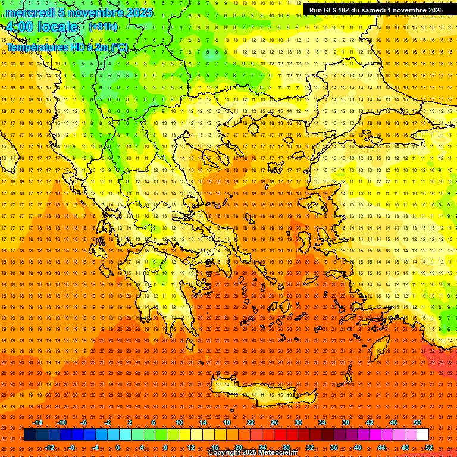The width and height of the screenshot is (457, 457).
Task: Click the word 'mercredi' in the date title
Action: point(30,12)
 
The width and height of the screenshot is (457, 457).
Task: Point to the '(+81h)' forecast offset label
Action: point(103,27)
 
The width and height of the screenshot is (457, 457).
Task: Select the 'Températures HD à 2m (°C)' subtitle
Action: point(67,47)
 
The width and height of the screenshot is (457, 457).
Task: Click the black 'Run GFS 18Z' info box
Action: point(375,10)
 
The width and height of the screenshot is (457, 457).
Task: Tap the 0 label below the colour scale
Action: point(118,447)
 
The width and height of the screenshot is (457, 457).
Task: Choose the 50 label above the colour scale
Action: point(417,422)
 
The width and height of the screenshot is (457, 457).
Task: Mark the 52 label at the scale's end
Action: point(428,447)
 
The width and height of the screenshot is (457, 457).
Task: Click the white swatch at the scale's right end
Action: point(422,435)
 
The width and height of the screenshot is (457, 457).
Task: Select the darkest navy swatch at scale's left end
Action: point(30,435)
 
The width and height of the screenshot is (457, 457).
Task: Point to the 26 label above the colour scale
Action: point(274,422)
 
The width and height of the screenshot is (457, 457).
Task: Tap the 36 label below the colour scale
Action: point(333,447)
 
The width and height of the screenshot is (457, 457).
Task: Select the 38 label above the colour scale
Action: point(345,422)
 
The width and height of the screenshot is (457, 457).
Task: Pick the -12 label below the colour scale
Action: point(49,447)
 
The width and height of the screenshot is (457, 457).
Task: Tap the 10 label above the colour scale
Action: point(179,422)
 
